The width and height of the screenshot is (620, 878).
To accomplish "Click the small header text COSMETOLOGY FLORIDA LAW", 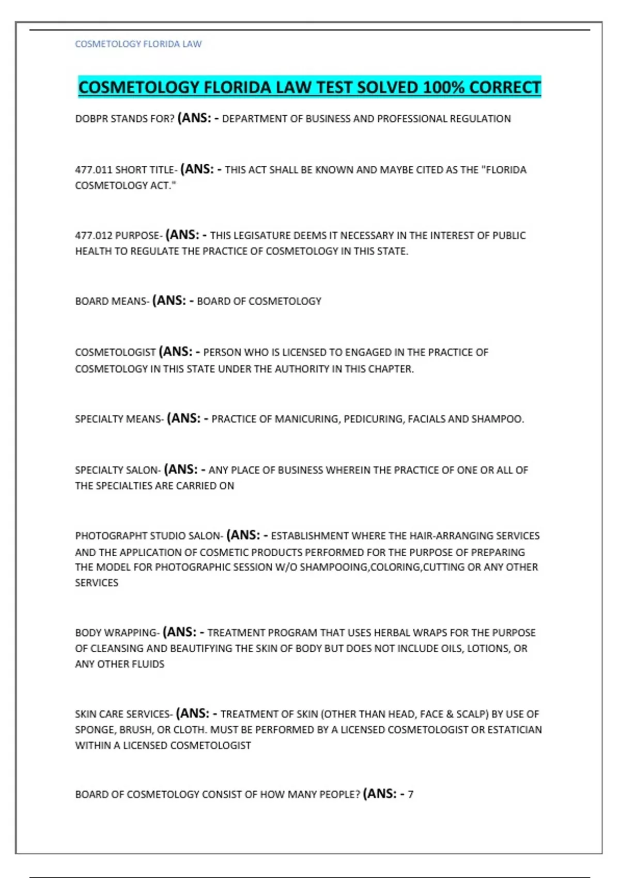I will (x=138, y=44).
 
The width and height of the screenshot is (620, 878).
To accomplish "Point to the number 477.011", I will (x=94, y=170).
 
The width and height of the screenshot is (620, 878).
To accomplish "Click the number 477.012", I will (x=94, y=236).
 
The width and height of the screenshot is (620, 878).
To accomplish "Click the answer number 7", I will (x=411, y=794).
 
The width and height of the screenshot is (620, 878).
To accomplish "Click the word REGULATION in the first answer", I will (x=480, y=119).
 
